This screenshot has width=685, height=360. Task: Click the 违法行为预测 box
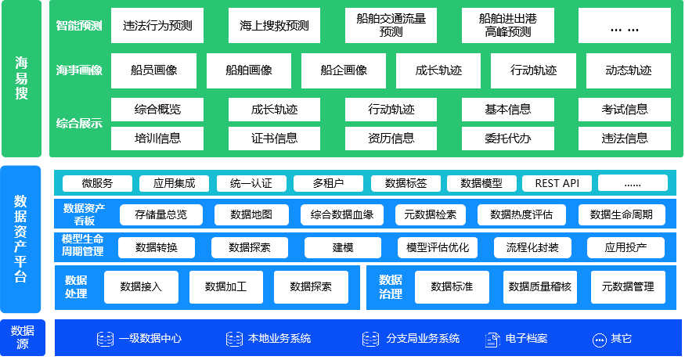coord(157,25)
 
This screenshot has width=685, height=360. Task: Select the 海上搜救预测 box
coord(274,25)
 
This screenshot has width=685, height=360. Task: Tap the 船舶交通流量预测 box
coord(391,25)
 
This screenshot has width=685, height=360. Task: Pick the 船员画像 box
coord(153,70)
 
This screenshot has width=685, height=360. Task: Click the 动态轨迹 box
coord(628,70)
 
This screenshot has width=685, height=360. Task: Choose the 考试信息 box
coord(625,109)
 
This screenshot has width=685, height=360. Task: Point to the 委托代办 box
coord(507,139)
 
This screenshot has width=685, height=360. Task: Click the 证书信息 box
coord(274,139)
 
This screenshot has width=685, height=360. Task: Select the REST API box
coord(557,183)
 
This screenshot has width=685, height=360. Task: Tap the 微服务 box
coord(97,183)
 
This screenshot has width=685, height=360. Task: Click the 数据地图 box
coord(251,214)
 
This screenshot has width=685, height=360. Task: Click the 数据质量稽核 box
coord(539,286)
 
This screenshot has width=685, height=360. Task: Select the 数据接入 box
coord(141,286)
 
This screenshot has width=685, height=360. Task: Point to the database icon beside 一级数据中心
coord(105,339)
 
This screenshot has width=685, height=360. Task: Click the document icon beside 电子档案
coord(492,339)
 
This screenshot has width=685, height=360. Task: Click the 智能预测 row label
coord(79,25)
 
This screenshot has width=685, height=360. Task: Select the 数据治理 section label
coord(390,286)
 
